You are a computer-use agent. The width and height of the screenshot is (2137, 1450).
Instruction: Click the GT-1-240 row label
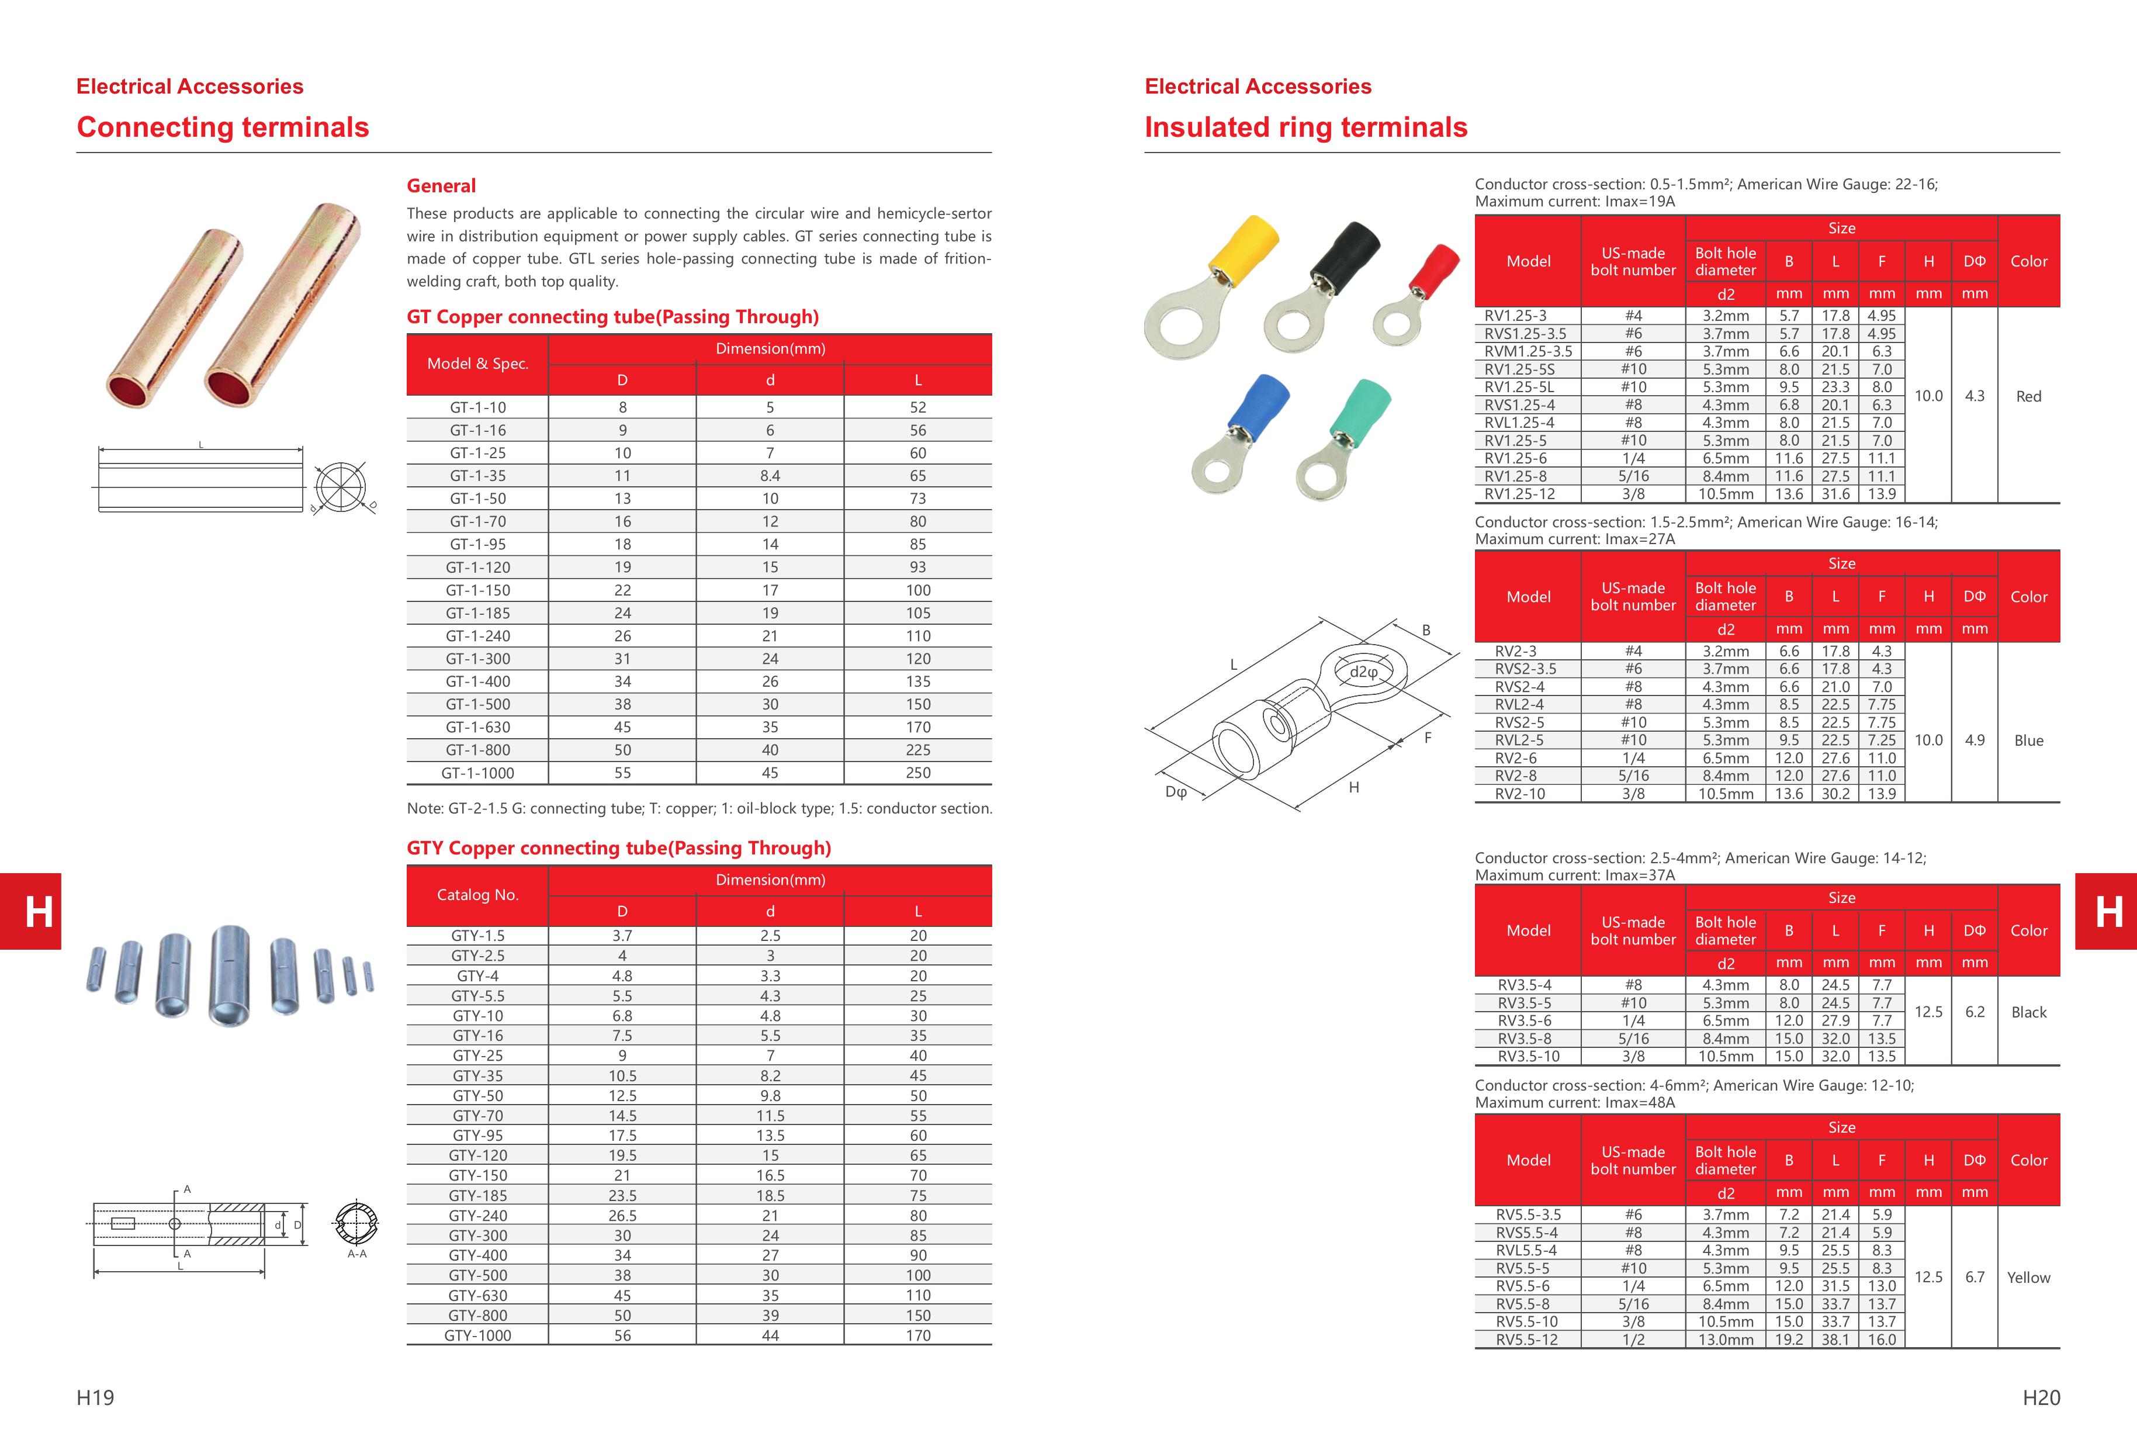click(x=477, y=635)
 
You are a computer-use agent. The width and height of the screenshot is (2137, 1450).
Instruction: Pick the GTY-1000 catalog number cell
click(x=477, y=1335)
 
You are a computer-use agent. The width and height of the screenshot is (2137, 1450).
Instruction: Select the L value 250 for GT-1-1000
click(x=917, y=773)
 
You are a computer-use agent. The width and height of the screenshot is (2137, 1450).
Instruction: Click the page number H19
click(x=96, y=1397)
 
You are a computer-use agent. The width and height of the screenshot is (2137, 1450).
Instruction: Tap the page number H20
click(x=2041, y=1397)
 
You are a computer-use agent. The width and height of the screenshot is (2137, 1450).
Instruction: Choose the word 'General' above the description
click(x=441, y=186)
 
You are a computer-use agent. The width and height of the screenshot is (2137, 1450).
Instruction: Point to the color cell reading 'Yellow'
click(x=2028, y=1277)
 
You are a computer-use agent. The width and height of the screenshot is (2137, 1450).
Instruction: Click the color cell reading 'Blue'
click(x=2028, y=740)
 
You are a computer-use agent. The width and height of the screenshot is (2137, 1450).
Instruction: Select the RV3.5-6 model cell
click(x=1525, y=1020)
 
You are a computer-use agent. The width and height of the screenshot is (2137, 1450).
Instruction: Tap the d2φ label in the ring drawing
click(x=1364, y=672)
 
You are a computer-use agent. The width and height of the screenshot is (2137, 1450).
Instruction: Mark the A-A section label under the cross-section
click(x=357, y=1254)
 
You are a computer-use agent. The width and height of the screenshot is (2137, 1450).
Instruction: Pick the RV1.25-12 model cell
click(x=1520, y=494)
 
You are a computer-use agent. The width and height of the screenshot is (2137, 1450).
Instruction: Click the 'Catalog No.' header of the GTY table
click(x=477, y=895)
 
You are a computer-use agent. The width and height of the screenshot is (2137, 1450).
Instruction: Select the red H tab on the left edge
click(x=30, y=911)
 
